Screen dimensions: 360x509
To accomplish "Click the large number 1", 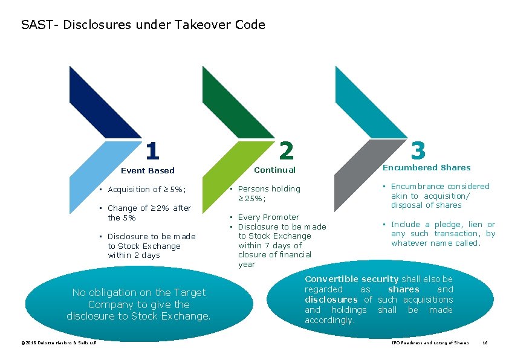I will tap(153, 150).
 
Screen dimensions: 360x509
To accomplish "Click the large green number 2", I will tap(287, 150).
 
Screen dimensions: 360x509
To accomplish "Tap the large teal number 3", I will tap(418, 149).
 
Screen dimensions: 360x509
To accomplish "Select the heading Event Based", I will tap(148, 171).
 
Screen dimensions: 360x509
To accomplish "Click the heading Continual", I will tap(274, 170).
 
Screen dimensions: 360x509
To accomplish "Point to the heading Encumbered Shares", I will tap(426, 167).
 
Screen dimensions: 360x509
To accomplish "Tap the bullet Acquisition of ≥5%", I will tap(146, 190).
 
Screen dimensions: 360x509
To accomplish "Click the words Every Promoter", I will tap(268, 217).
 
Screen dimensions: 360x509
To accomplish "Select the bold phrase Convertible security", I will tap(351, 279).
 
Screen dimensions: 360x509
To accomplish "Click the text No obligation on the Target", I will tap(139, 292).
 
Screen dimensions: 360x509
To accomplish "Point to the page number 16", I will tap(484, 343).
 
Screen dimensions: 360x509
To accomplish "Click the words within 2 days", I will tap(134, 256).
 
